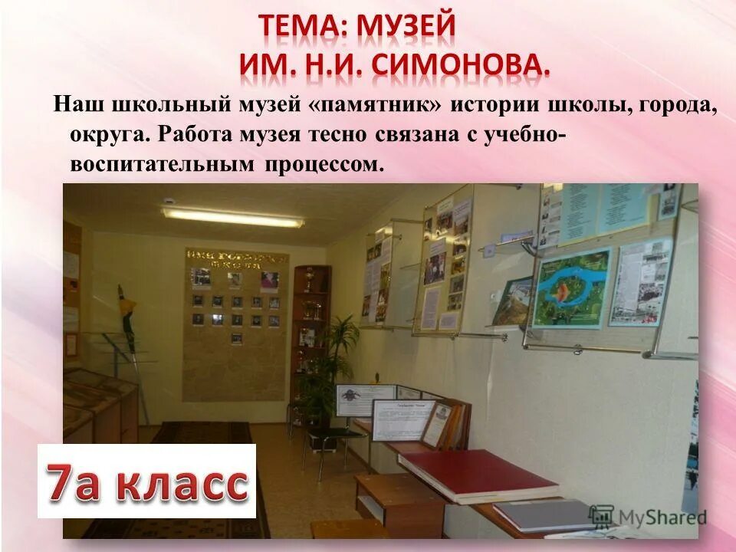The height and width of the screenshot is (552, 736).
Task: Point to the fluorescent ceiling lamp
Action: coord(232,216)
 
